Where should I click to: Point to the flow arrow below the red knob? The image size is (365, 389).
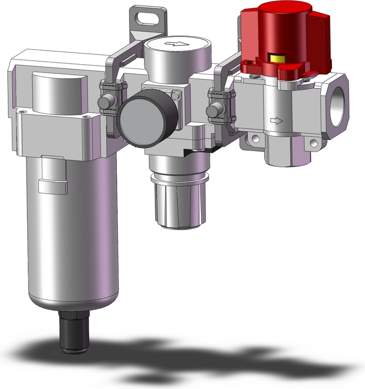click(x=276, y=120)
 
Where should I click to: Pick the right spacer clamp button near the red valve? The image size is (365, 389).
click(x=212, y=111)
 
